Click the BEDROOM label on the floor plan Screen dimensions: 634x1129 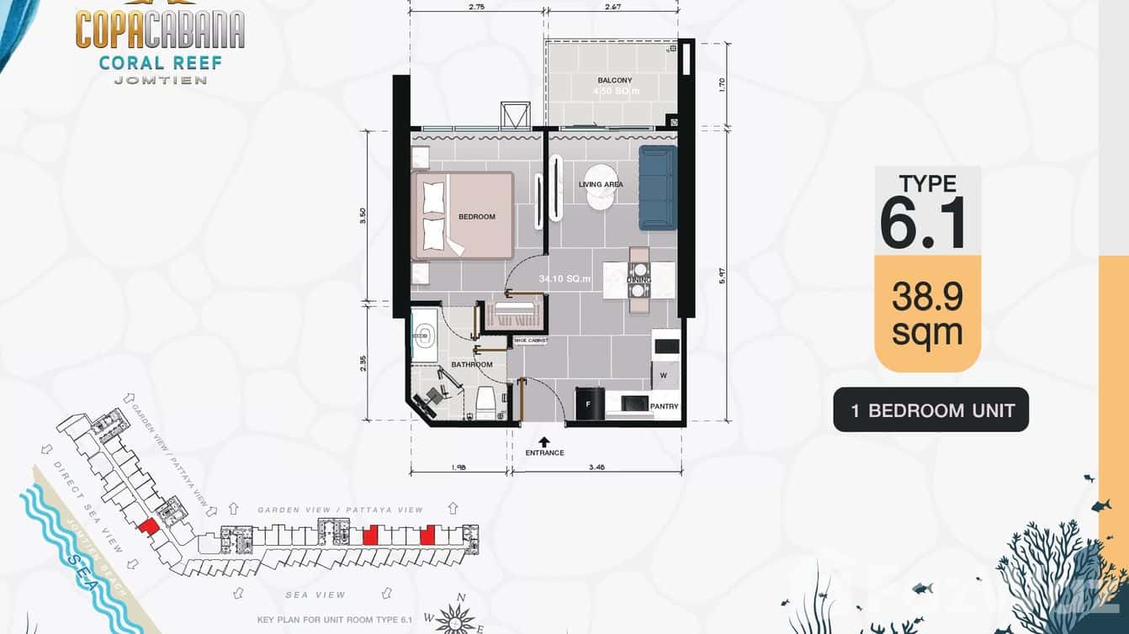coord(476,217)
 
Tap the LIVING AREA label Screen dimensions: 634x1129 coord(601,184)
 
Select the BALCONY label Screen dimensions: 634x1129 coord(614,81)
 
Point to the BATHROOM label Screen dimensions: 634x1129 coord(471,365)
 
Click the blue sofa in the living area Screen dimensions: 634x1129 coord(657,188)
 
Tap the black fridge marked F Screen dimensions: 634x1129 coord(589,404)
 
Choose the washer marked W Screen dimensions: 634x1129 coord(663,374)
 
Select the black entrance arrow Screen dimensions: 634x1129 coord(544,441)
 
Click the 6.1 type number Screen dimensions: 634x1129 coord(923,223)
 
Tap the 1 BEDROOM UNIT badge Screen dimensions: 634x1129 coord(931,410)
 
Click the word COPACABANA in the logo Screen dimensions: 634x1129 coord(160,31)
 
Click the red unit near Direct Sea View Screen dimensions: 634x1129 coord(148,526)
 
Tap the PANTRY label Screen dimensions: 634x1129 coord(664,407)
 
